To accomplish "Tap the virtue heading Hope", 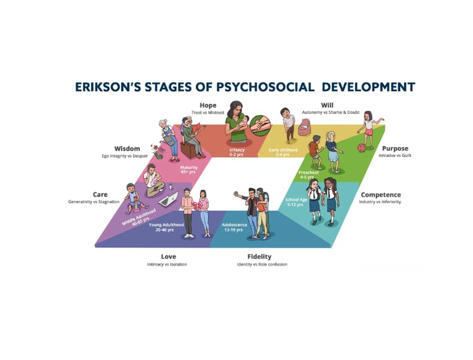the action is [x=208, y=105].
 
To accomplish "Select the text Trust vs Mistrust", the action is [x=208, y=112].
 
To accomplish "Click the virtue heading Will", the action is [x=327, y=105].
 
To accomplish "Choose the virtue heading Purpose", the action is [x=395, y=149].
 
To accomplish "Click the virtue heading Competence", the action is [x=381, y=195].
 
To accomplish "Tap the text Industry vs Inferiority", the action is [x=381, y=202].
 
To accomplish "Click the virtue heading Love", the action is [x=168, y=256].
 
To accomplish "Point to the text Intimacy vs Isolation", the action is [x=167, y=264].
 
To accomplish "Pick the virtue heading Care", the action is [x=100, y=194].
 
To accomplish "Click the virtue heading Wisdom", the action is [x=127, y=149].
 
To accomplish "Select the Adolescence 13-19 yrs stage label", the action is [x=235, y=227].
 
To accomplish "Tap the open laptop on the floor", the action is [x=169, y=198].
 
